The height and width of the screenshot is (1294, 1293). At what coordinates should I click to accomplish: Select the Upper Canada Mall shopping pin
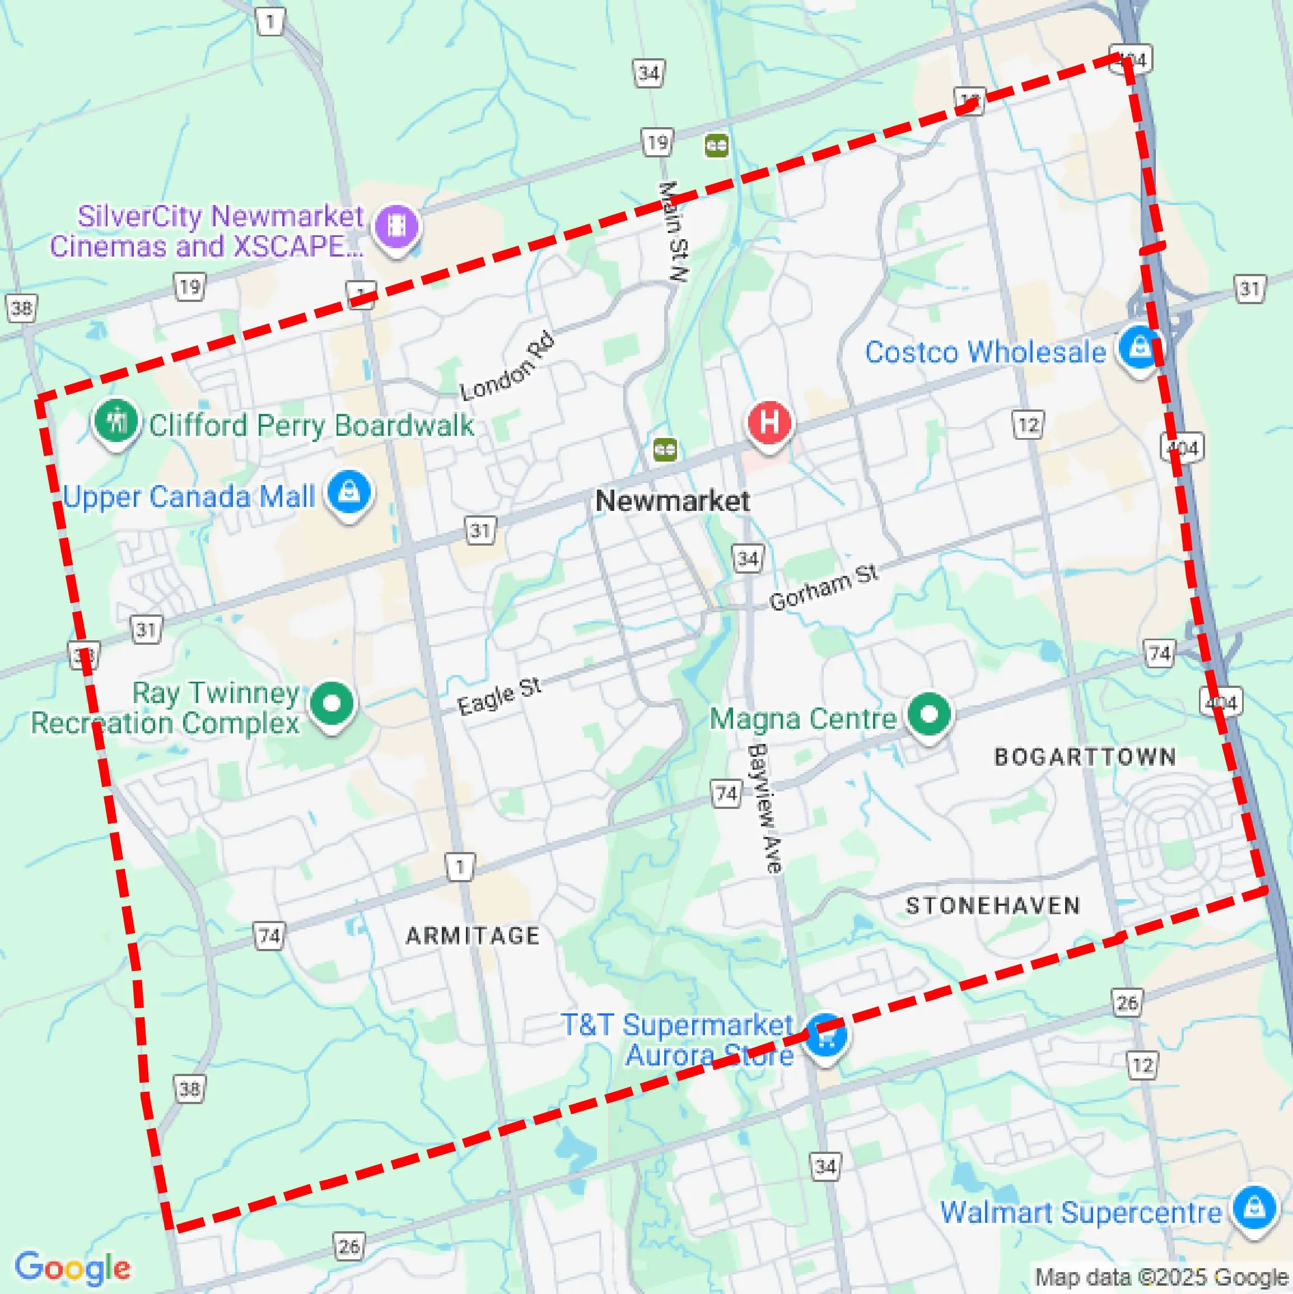349,492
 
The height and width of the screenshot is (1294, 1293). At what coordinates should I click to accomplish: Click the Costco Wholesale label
985,352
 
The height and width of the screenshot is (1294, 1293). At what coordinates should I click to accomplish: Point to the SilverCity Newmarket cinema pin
396,226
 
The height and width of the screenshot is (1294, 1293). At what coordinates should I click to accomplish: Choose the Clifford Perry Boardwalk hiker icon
116,421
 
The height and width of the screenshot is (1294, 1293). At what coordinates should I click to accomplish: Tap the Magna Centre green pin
929,714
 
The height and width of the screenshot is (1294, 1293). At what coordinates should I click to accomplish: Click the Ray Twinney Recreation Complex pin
332,705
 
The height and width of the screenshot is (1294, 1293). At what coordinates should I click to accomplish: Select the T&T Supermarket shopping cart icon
825,1035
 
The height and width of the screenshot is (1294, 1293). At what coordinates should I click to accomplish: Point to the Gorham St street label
823,588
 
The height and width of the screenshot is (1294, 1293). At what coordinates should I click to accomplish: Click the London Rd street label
507,366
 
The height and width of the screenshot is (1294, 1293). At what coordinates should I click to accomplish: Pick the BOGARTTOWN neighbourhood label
1085,757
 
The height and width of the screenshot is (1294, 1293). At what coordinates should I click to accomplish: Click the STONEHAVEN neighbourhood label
993,906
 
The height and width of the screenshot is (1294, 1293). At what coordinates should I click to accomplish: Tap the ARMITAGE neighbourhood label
473,935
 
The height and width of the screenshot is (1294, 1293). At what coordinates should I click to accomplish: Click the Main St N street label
673,231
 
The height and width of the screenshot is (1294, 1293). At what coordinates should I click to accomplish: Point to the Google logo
72,1267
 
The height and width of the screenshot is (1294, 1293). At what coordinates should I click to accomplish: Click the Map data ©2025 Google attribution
1163,1277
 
